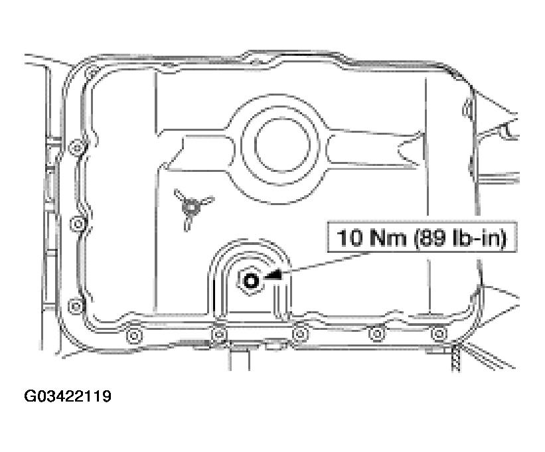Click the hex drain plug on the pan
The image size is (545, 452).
(251, 281)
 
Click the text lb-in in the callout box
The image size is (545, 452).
(476, 238)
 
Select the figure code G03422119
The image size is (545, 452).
(67, 397)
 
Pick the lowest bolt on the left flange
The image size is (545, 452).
(76, 305)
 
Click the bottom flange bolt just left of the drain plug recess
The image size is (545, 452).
(219, 333)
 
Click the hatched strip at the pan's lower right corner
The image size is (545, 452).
(455, 358)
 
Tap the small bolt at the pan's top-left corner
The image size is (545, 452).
(92, 71)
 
